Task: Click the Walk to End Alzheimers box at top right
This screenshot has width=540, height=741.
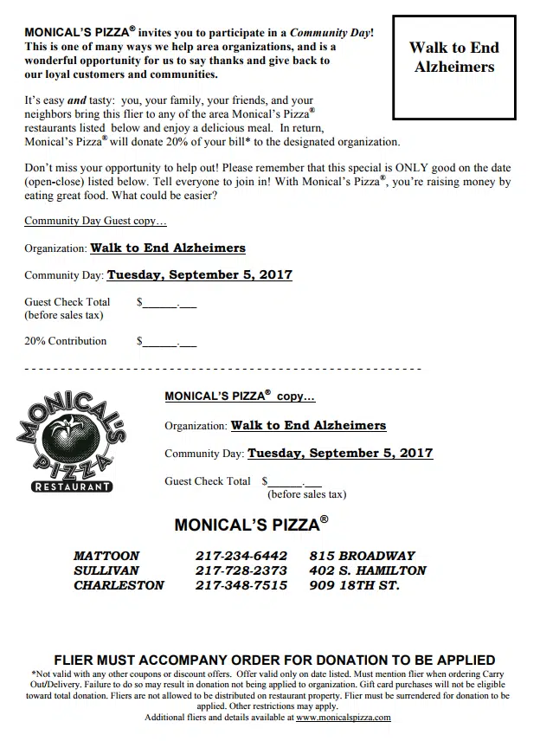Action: (x=454, y=68)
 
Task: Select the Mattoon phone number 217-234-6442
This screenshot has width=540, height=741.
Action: (x=241, y=556)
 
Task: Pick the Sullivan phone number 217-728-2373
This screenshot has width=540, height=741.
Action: (x=241, y=570)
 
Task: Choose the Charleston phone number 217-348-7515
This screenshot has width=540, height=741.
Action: (x=241, y=585)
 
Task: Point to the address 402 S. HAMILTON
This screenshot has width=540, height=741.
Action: (x=367, y=570)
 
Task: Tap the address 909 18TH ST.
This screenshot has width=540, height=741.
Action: (x=354, y=585)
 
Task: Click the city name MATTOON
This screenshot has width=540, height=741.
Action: (x=106, y=556)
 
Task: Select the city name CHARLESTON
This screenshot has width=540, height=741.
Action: (x=119, y=585)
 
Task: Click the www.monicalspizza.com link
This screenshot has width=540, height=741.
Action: (x=344, y=718)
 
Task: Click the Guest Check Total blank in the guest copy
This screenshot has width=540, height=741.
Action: (x=170, y=304)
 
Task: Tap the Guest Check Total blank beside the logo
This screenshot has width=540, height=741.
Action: (x=294, y=483)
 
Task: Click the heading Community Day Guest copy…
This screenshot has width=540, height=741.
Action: (x=95, y=221)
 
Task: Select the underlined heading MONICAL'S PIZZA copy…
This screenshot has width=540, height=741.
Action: (x=240, y=396)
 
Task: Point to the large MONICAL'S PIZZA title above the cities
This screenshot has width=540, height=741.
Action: (x=251, y=525)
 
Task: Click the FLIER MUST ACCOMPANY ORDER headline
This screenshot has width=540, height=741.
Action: (x=274, y=660)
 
